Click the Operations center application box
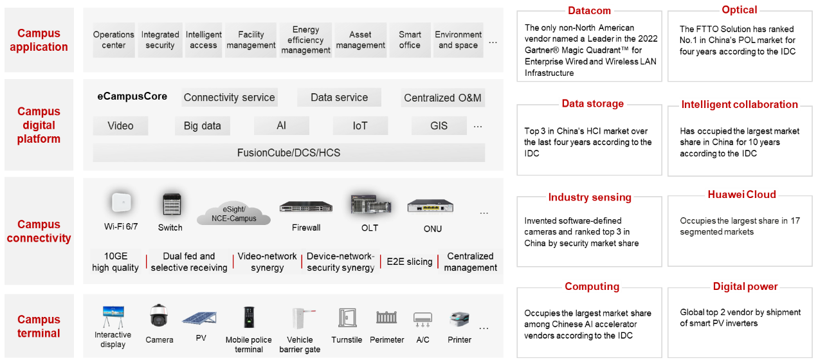click(114, 40)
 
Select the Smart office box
click(410, 40)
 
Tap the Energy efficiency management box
click(305, 40)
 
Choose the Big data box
click(202, 126)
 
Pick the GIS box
click(439, 126)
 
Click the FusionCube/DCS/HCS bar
click(289, 153)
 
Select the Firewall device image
click(306, 207)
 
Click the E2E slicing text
click(409, 262)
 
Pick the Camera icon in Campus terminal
click(159, 317)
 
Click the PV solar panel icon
click(199, 318)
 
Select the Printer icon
click(459, 319)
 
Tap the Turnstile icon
click(347, 318)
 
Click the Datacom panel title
click(589, 10)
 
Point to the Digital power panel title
click(745, 287)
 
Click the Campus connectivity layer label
click(39, 231)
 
